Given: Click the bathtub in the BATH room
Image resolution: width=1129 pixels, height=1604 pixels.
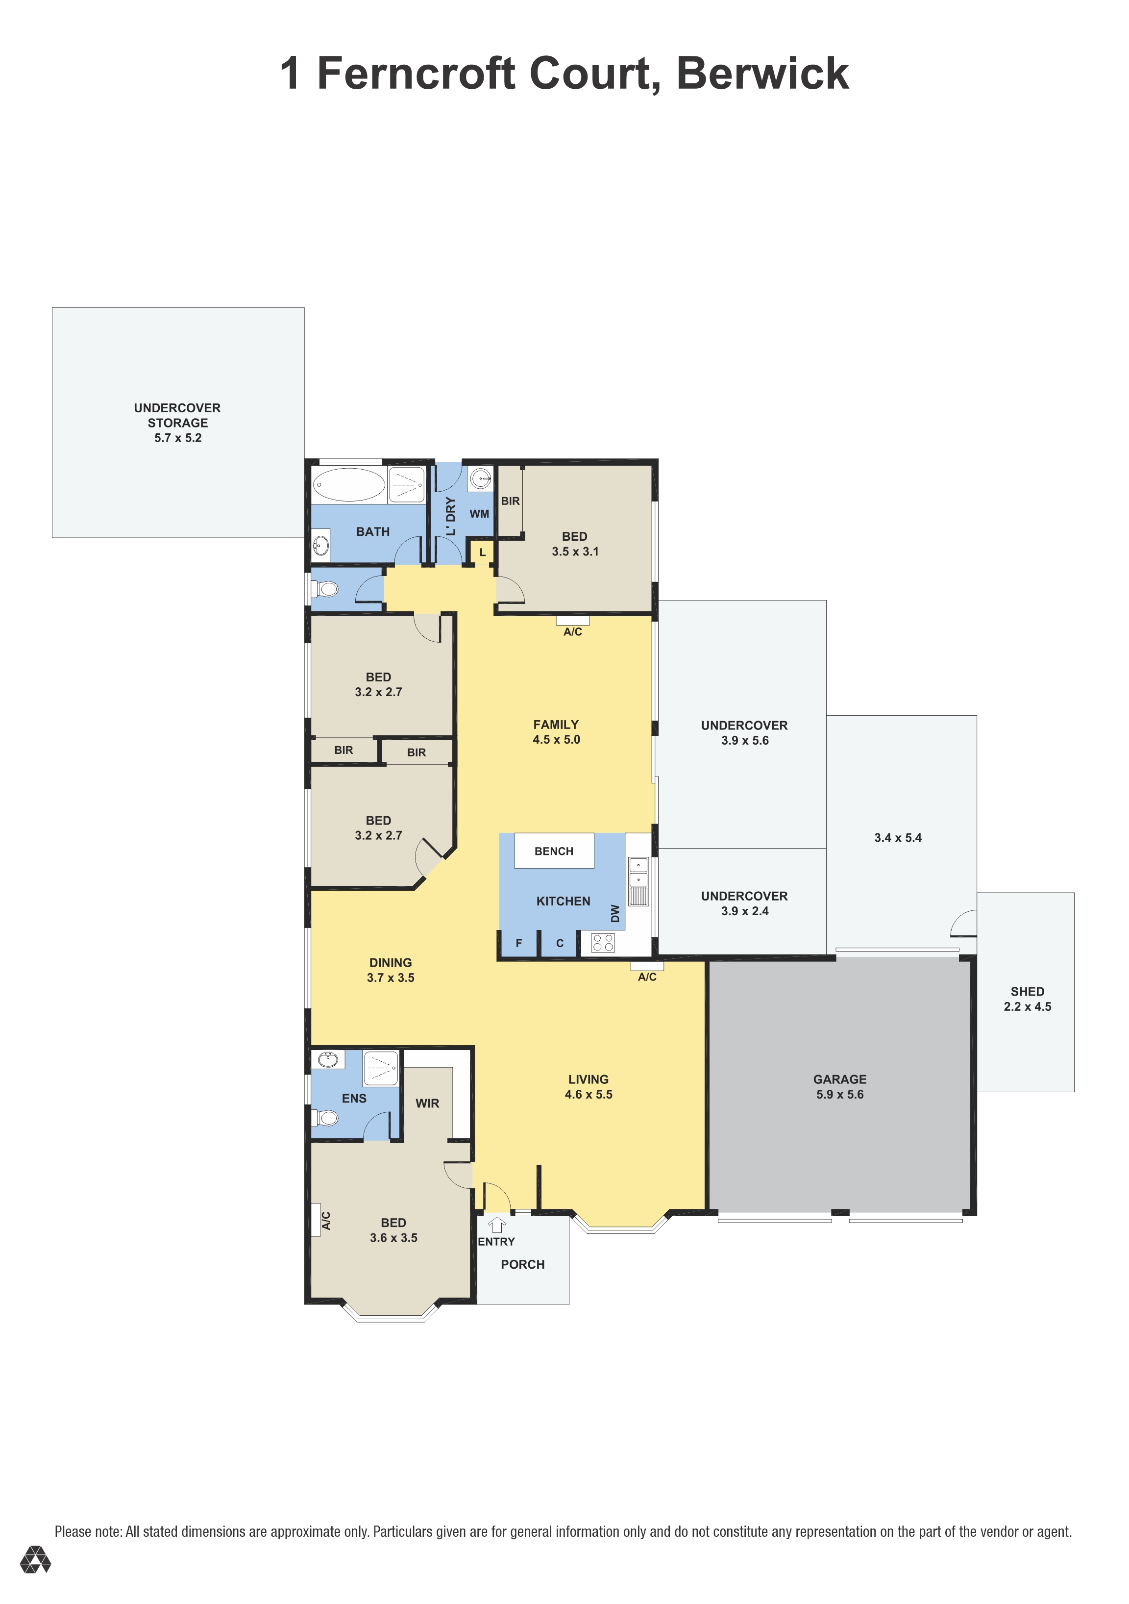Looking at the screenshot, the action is (x=348, y=485).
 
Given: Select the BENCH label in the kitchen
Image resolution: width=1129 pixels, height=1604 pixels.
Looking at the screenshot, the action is (x=554, y=851).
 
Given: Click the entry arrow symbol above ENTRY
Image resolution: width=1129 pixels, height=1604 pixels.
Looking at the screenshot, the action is (x=496, y=1225).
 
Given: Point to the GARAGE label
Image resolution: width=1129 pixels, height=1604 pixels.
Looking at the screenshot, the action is (x=839, y=1079).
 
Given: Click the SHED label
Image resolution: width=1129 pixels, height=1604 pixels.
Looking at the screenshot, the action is (x=1027, y=991).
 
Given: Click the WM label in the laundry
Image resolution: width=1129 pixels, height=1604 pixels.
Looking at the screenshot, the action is (x=479, y=513).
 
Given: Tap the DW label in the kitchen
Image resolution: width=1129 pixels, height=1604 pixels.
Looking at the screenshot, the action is (x=615, y=913).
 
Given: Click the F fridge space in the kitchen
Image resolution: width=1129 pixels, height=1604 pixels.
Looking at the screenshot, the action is (x=519, y=943).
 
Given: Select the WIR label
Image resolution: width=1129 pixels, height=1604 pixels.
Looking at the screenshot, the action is (x=427, y=1103).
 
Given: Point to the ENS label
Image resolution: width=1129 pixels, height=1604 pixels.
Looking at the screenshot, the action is (x=354, y=1098).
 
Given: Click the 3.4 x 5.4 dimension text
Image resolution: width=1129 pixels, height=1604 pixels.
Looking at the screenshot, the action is (x=898, y=838).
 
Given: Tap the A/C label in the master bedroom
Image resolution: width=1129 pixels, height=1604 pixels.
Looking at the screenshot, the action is (x=325, y=1221).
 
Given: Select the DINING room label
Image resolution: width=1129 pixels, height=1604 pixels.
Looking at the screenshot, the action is (x=390, y=963).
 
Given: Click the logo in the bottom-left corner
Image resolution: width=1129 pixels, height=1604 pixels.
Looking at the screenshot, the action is (x=35, y=1560).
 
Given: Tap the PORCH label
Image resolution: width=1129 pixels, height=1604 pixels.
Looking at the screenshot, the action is (x=522, y=1264).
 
